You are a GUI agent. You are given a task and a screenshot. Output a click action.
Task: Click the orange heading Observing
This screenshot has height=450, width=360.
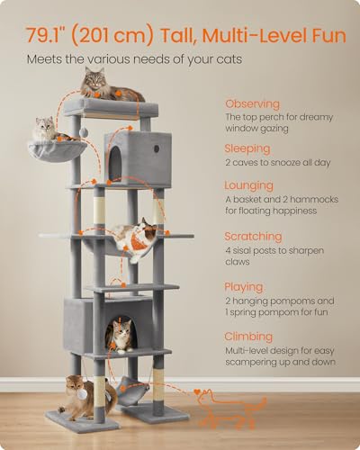pyautogui.click(x=252, y=104)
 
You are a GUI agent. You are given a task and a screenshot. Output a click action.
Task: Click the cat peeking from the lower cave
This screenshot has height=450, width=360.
pyautogui.click(x=120, y=334)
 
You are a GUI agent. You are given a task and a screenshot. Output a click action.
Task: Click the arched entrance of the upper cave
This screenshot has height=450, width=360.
pyautogui.click(x=116, y=161)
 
